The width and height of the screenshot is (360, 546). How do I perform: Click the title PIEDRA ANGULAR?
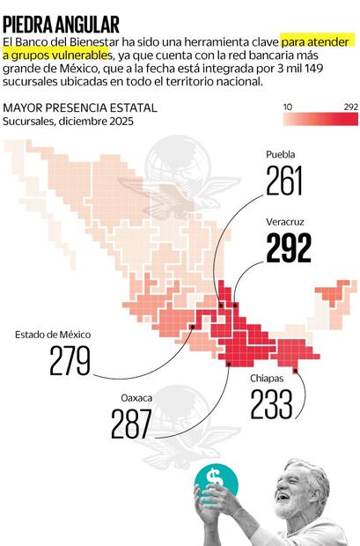tap(61, 24)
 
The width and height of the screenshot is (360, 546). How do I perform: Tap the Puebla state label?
tap(281, 154)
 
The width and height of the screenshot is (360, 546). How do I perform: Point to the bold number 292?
tap(288, 249)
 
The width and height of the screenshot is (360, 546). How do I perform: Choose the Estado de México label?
tap(53, 335)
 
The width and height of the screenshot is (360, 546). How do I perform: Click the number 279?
tap(71, 362)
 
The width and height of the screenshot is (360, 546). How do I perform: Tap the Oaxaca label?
tap(136, 398)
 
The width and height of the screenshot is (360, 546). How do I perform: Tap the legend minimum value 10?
tap(287, 107)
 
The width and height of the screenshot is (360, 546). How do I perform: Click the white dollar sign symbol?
tap(215, 479)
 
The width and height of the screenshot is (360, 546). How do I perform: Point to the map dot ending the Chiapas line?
tap(294, 371)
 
